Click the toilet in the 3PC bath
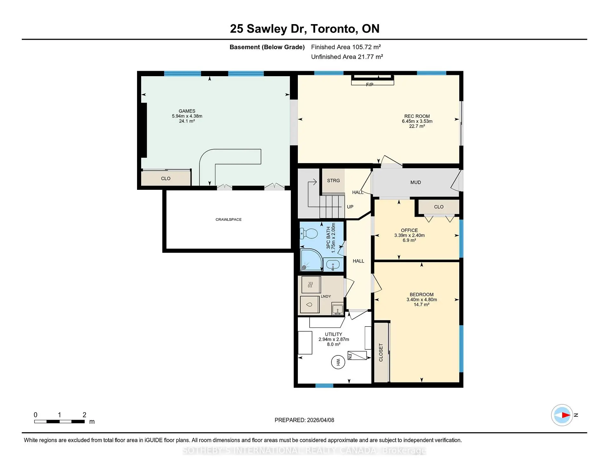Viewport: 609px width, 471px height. click(x=309, y=234)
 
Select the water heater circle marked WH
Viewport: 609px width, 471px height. click(x=338, y=362)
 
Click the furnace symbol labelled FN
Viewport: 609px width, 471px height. click(x=357, y=355)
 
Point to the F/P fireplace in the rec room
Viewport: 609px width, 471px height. click(x=372, y=80)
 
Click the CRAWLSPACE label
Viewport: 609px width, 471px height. click(x=228, y=220)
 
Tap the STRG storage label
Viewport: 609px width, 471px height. click(x=333, y=181)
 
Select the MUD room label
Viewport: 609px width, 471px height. click(x=416, y=182)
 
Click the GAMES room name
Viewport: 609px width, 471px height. click(x=187, y=111)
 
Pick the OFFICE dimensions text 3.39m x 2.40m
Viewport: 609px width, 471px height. click(x=409, y=235)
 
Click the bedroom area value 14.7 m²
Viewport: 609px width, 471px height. click(x=422, y=305)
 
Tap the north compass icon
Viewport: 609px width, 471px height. click(x=562, y=415)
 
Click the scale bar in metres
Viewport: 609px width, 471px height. click(x=59, y=421)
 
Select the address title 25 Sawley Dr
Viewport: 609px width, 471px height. click(x=268, y=29)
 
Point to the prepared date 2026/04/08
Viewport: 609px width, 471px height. click(x=320, y=420)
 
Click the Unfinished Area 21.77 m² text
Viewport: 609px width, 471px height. click(x=347, y=57)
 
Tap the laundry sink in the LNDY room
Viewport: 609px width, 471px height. click(x=337, y=308)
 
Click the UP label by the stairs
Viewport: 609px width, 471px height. click(x=350, y=207)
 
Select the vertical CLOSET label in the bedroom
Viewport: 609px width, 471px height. click(x=381, y=352)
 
